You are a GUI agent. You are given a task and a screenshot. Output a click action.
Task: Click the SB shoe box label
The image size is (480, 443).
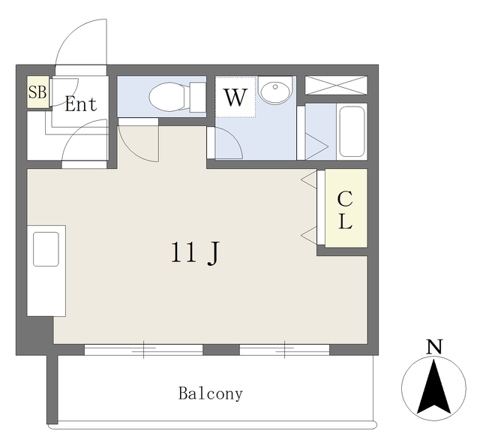point(37,92)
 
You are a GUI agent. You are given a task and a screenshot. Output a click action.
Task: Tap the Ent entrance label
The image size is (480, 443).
point(81,104)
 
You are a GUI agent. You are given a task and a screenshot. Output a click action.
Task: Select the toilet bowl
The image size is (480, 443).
point(169,97)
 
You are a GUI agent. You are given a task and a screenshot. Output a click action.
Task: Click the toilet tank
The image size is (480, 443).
point(197,97)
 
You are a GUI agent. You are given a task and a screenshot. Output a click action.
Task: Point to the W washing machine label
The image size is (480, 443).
point(235,98)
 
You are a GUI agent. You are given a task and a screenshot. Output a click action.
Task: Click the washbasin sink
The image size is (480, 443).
point(275,90)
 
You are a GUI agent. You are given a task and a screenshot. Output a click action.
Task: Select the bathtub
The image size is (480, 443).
point(352,131)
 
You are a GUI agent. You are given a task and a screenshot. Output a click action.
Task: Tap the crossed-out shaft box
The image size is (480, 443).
point(336,86)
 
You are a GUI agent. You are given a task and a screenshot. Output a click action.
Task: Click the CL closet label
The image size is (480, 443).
point(345,209)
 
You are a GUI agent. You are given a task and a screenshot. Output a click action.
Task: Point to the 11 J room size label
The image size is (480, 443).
point(195,253)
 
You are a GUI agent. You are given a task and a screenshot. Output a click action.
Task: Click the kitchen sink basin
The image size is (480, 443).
point(46,249)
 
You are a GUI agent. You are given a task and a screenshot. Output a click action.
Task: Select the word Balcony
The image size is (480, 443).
point(211,393)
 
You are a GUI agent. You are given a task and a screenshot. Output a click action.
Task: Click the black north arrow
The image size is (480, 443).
point(434,387)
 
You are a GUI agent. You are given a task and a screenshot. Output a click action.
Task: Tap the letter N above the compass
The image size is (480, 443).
point(434,346)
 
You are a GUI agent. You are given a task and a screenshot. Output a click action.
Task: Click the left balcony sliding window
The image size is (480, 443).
point(143,350)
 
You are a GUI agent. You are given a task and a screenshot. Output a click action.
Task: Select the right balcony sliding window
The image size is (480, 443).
point(284,350)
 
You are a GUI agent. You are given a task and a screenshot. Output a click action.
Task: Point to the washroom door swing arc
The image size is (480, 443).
point(235,137)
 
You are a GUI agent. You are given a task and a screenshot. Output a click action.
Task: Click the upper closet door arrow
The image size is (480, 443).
point(309,180)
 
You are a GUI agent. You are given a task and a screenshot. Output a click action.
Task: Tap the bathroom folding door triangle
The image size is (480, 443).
point(317,146)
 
